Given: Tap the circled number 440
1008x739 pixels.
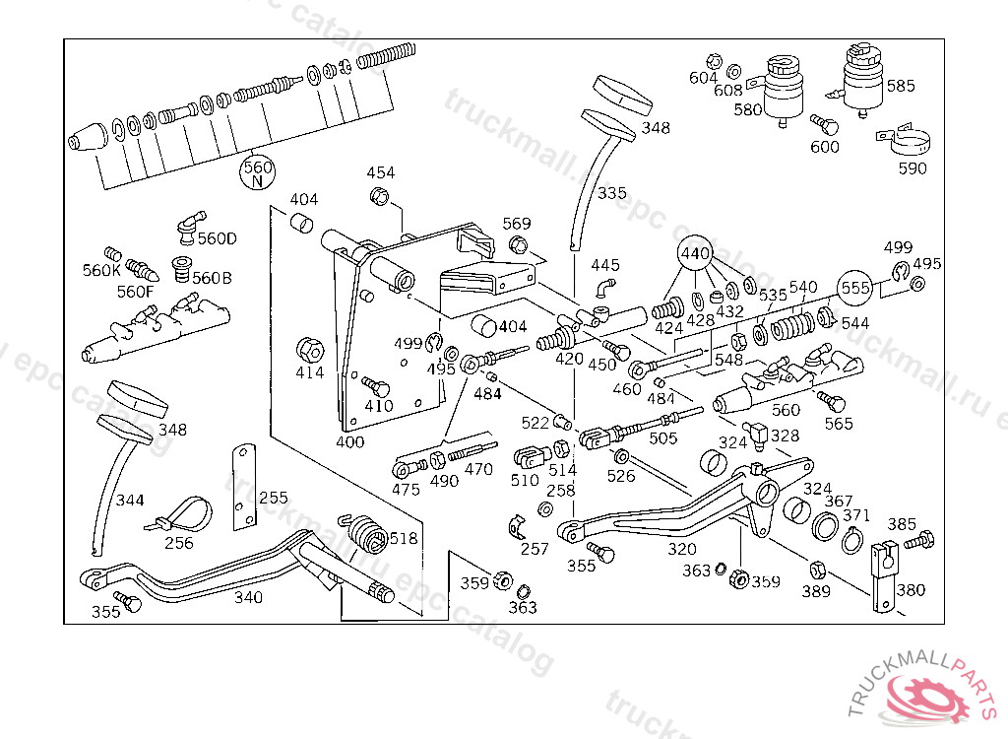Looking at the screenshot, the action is click(x=695, y=253).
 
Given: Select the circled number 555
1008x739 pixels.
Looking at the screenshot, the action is click(x=855, y=287).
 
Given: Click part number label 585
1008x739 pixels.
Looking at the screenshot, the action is click(x=900, y=86).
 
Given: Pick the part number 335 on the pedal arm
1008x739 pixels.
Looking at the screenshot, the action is click(x=611, y=193).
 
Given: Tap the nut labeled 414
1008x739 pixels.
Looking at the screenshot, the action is click(x=310, y=350).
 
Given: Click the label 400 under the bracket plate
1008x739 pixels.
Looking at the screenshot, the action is click(x=349, y=441).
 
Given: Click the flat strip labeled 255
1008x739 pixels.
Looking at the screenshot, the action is click(x=244, y=487).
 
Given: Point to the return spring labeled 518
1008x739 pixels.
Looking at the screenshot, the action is click(x=366, y=532).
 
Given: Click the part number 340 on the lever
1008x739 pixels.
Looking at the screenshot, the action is click(x=248, y=597).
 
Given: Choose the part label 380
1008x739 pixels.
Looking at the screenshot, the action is click(x=911, y=589).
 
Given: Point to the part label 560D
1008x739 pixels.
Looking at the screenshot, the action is click(x=218, y=238).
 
